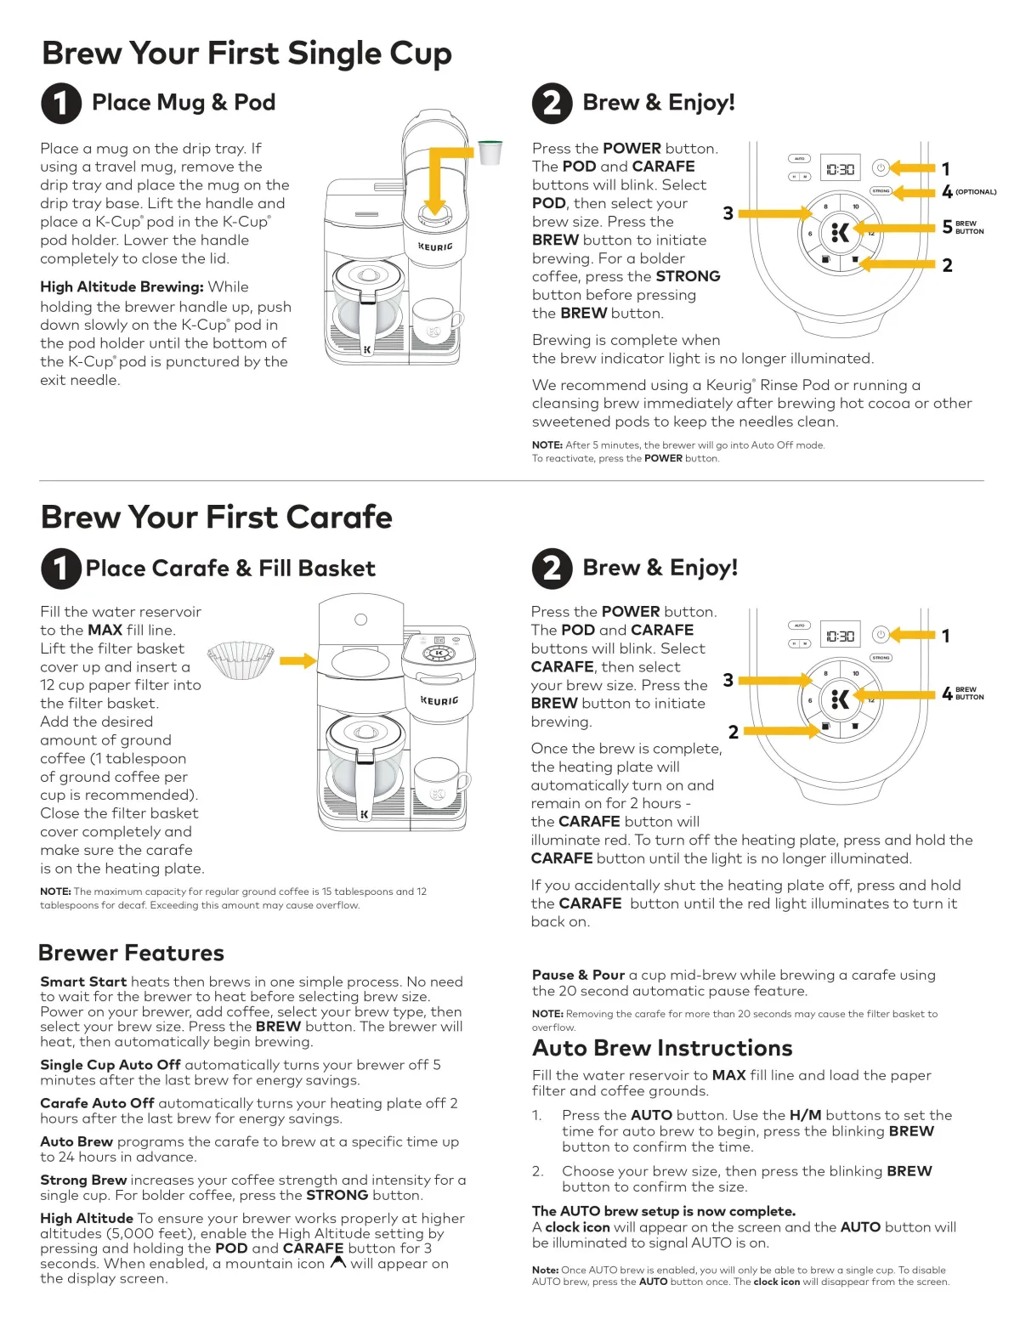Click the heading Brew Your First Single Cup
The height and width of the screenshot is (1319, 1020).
(x=246, y=54)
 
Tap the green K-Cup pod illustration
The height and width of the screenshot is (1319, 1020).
(x=490, y=151)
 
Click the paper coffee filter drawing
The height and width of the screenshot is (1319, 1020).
(x=241, y=659)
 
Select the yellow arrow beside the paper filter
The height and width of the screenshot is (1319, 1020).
(x=297, y=660)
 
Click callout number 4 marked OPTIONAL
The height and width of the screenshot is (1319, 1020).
(x=948, y=192)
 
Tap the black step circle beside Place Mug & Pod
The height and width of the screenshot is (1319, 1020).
(x=61, y=103)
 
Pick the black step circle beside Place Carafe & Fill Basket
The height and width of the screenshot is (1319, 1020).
(x=61, y=569)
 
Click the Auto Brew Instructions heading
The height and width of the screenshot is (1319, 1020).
(x=662, y=1048)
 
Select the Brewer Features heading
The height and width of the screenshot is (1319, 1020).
(x=132, y=953)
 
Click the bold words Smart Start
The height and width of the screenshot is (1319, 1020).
(x=83, y=982)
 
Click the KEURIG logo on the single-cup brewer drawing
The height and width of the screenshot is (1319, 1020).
(x=435, y=246)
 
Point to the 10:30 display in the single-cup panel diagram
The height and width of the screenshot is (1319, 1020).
(x=840, y=169)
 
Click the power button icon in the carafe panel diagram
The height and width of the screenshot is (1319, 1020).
(x=881, y=634)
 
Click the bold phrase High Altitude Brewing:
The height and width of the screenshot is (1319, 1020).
(x=122, y=287)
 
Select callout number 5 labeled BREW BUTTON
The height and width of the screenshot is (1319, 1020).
(x=948, y=227)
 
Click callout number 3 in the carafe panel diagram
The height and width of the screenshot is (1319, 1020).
(x=728, y=680)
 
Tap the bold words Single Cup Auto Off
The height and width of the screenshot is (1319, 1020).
(x=110, y=1065)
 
